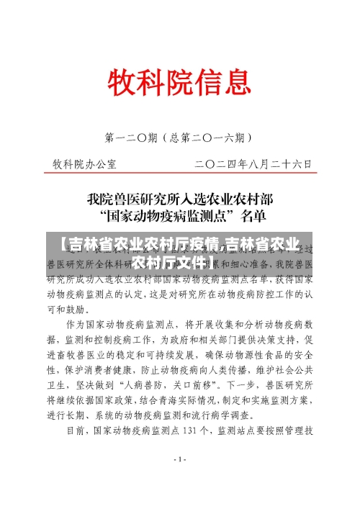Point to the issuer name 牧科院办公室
pos(85,164)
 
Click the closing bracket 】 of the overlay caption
pos(215,259)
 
